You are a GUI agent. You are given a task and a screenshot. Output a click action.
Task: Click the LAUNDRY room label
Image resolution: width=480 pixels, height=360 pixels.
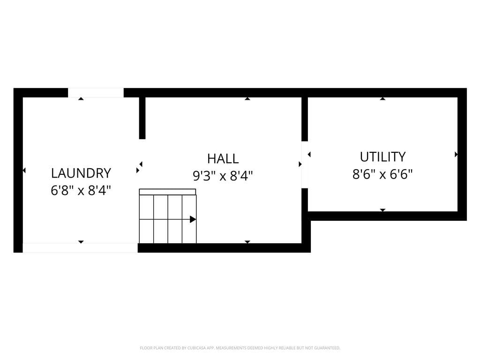pyautogui.click(x=81, y=173)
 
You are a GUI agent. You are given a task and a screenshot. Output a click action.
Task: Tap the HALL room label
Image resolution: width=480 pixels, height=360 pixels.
pyautogui.click(x=223, y=158)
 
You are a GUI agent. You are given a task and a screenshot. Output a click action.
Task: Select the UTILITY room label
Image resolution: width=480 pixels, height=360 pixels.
pyautogui.click(x=382, y=157)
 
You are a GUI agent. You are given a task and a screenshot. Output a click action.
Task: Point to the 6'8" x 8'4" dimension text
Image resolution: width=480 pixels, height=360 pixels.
pyautogui.click(x=81, y=190)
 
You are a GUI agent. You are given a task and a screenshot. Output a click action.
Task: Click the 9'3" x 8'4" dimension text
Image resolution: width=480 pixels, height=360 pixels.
pyautogui.click(x=223, y=176)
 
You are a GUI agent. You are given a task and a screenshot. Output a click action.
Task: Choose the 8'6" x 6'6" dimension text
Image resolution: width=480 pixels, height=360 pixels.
pyautogui.click(x=382, y=174)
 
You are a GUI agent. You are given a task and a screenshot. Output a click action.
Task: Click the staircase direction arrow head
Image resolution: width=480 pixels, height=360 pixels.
pyautogui.click(x=193, y=219)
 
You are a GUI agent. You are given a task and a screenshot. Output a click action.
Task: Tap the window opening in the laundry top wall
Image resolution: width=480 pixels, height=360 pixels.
pyautogui.click(x=96, y=93)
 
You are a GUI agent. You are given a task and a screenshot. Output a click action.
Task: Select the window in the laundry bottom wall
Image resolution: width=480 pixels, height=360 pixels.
pyautogui.click(x=80, y=248)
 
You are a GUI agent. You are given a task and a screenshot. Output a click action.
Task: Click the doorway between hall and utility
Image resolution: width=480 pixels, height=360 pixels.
pyautogui.click(x=305, y=165)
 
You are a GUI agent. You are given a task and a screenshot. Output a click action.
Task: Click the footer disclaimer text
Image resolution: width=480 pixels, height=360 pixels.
pyautogui.click(x=240, y=348)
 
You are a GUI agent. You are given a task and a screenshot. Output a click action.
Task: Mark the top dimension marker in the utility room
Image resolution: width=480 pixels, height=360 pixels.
pyautogui.click(x=382, y=99)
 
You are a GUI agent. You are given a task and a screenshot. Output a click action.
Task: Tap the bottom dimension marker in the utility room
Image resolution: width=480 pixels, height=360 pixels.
pyautogui.click(x=382, y=210)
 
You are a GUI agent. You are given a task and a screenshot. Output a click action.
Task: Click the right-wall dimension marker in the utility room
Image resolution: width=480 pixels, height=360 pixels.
pyautogui.click(x=456, y=154)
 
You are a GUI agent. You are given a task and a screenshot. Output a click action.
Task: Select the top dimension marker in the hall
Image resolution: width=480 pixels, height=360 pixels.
pyautogui.click(x=247, y=99)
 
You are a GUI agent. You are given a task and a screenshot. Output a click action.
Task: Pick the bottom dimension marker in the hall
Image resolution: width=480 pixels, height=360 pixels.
pyautogui.click(x=247, y=241)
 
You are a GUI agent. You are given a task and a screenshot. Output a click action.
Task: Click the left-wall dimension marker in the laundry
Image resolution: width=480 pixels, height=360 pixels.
pyautogui.click(x=24, y=171)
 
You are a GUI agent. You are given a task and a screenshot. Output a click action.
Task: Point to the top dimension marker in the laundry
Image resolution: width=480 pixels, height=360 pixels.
pyautogui.click(x=81, y=99)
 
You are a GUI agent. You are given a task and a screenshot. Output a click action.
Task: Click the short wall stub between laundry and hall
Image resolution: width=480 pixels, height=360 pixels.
pyautogui.click(x=142, y=118)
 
